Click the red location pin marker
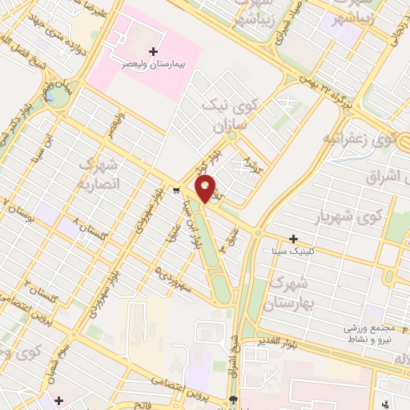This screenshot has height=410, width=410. [x=206, y=188]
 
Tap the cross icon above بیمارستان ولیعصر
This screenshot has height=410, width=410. [x=154, y=50]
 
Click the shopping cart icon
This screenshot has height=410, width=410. [x=176, y=191]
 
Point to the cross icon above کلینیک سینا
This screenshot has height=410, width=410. [x=294, y=239]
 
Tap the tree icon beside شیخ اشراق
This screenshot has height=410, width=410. [x=233, y=400]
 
